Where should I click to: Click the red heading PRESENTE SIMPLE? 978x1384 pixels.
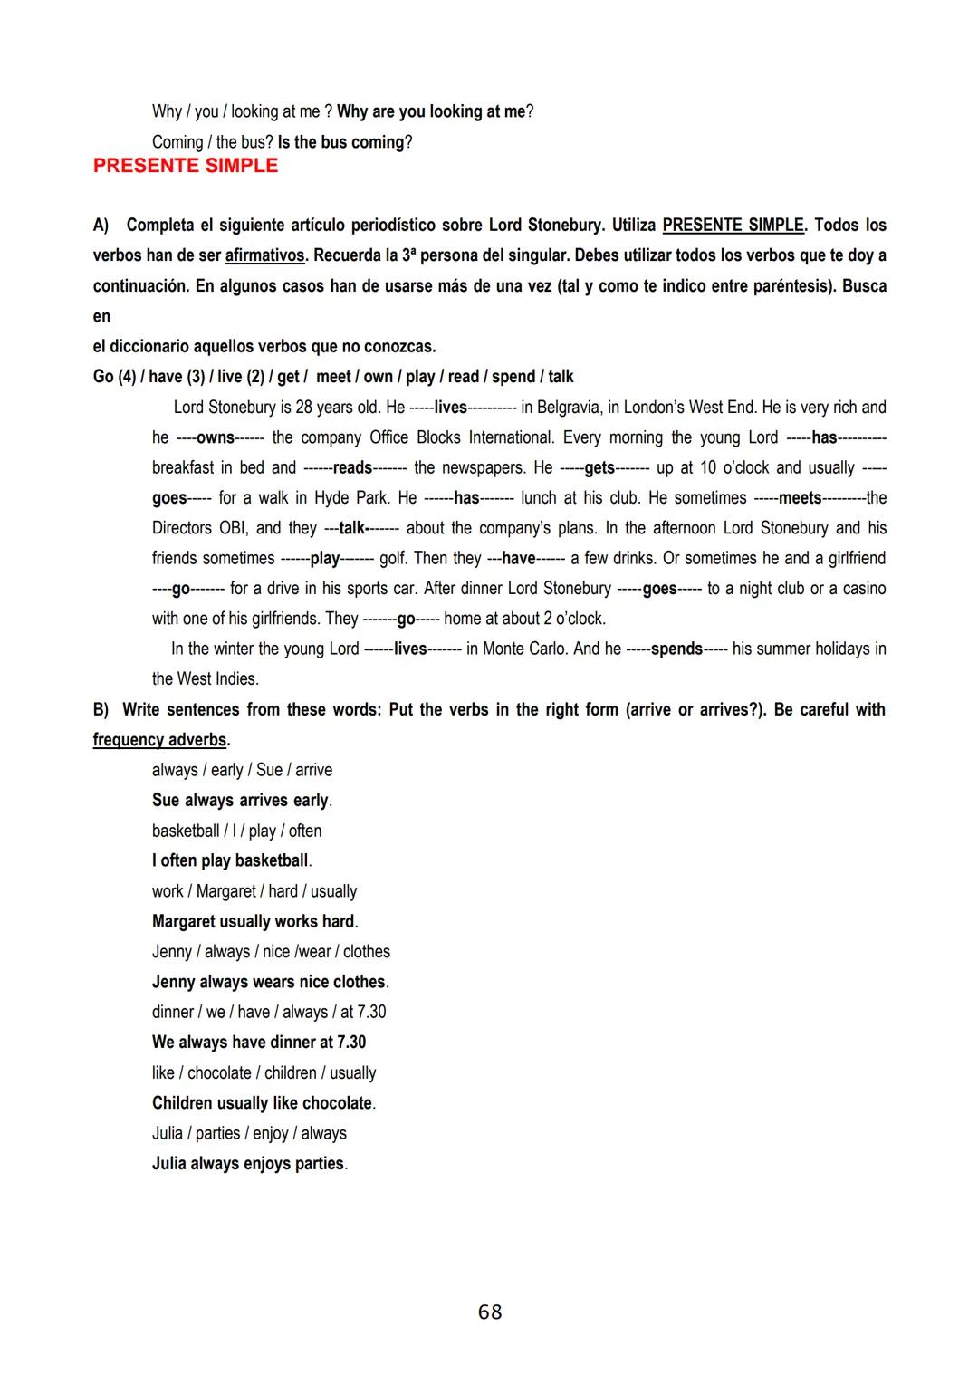coord(186,166)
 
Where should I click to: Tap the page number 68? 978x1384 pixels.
coord(490,1312)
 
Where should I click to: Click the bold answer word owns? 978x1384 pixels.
coord(216,437)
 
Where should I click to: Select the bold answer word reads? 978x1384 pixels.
coord(352,467)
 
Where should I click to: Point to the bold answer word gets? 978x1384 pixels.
coord(599,467)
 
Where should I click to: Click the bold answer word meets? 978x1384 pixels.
coord(801,497)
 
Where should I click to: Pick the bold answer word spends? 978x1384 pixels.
coord(676,649)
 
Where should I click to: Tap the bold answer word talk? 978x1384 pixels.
coord(351,527)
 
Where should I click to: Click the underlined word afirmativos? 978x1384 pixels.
coord(264,255)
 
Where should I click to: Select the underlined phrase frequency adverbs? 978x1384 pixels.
coord(159,739)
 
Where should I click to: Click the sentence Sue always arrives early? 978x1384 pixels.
coord(241,800)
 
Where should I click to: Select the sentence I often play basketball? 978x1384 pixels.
coord(231,860)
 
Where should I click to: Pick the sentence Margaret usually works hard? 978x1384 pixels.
coord(254,921)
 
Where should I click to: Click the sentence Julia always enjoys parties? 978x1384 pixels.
coord(248,1163)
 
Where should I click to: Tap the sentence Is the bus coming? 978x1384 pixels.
coord(344,142)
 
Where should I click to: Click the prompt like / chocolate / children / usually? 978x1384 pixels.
coord(264,1072)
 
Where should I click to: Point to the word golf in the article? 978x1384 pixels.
coord(394,558)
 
